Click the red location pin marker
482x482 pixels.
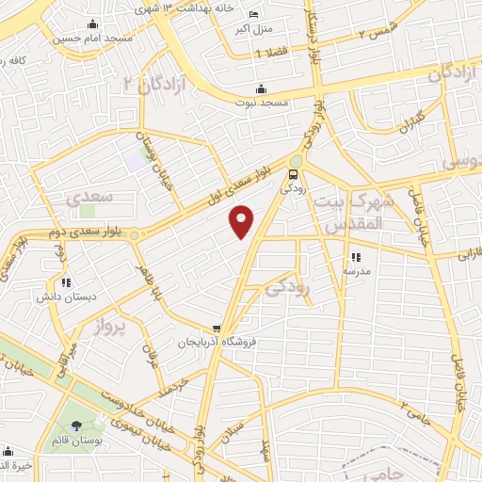[x=243, y=221]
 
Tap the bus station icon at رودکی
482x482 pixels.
[x=295, y=174]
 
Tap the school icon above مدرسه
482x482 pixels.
[x=355, y=256]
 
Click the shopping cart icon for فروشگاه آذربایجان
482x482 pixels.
[x=218, y=328]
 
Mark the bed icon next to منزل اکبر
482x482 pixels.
[x=253, y=13]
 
